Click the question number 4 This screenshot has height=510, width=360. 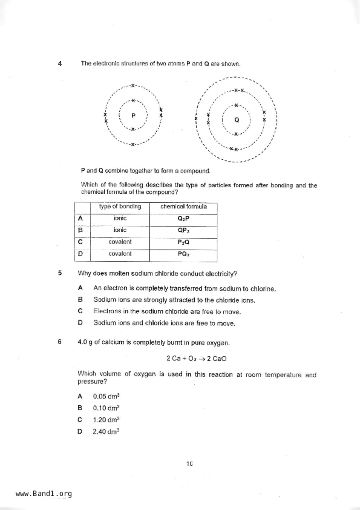coord(60,64)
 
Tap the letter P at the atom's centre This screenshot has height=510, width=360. coord(133,116)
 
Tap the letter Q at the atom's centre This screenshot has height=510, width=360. coord(237,120)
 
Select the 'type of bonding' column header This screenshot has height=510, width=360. coord(120,207)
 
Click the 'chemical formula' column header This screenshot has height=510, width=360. coord(184,207)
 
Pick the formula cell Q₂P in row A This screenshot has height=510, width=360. coord(184,219)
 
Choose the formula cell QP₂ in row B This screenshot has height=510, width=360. coord(184,230)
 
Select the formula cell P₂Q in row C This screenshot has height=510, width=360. coord(184,242)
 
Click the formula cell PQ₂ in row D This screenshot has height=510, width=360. coord(184,254)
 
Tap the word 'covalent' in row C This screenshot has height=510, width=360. coord(120,242)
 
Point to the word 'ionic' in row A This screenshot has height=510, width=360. coord(120,218)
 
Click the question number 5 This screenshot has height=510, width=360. coord(60,273)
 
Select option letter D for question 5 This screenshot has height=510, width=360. coord(80,322)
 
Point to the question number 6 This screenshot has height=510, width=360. coord(60,342)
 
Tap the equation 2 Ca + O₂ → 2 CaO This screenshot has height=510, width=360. coord(196,359)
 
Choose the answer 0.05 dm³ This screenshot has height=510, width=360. coord(106,396)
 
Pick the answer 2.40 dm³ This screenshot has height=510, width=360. coord(106,431)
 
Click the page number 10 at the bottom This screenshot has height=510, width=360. coord(189,464)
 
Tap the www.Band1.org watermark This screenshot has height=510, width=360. coord(44,494)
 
